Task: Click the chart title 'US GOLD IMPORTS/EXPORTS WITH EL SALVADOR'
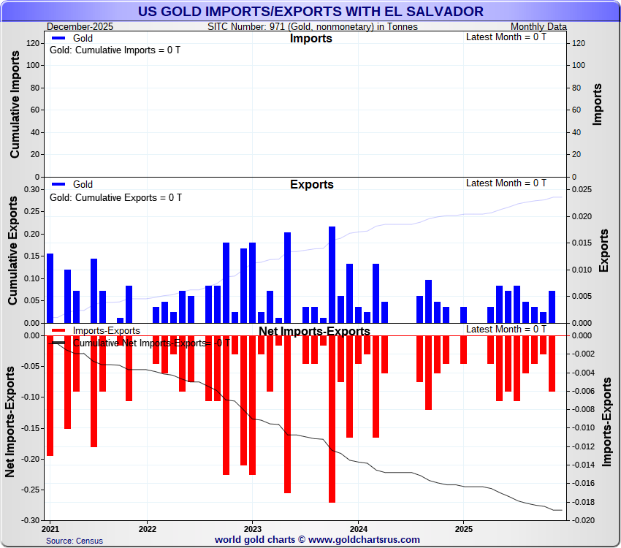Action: coord(310,11)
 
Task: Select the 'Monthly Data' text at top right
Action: coord(538,26)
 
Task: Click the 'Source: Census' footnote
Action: coord(75,541)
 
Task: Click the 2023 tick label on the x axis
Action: coord(252,528)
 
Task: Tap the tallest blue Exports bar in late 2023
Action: coord(332,274)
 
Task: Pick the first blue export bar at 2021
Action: coord(50,288)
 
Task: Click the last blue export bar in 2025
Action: coord(552,307)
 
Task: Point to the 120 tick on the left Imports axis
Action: coord(32,43)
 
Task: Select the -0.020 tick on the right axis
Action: coord(581,520)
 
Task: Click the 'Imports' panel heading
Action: coord(311,39)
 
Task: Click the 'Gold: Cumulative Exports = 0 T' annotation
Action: coord(115,197)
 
